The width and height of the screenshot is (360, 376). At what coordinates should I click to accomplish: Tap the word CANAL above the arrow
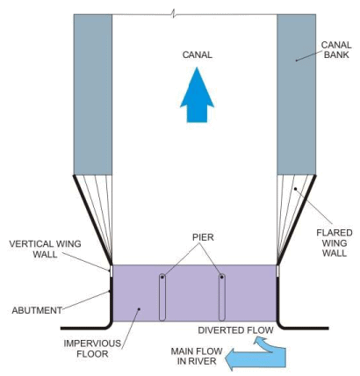tap(198, 54)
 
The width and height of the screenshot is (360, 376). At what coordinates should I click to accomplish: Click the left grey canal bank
tap(92, 92)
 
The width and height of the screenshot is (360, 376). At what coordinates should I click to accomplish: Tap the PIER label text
tap(193, 237)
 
